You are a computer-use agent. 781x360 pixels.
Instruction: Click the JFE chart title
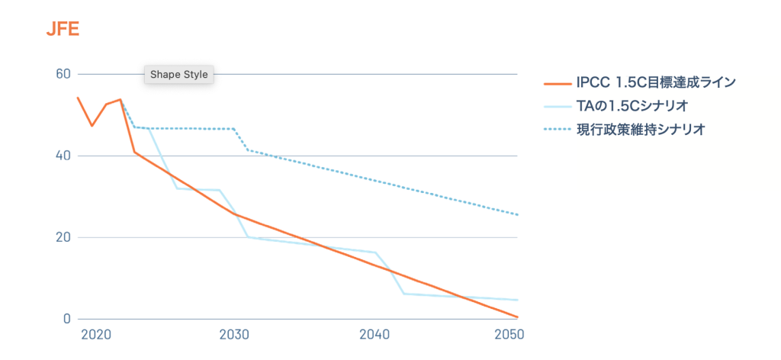[x=63, y=31]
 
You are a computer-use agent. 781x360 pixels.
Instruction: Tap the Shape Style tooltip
[x=178, y=75]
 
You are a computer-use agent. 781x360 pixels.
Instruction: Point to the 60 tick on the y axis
[x=63, y=74]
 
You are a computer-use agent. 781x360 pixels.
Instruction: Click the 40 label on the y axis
[x=63, y=156]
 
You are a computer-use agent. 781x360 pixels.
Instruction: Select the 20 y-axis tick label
[x=63, y=237]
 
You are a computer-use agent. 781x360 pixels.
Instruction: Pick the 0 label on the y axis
[x=66, y=319]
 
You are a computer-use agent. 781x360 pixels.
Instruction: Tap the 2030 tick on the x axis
[x=233, y=335]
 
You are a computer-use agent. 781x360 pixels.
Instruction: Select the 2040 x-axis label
[x=374, y=335]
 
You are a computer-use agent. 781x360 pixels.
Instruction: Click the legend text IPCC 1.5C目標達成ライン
[x=656, y=82]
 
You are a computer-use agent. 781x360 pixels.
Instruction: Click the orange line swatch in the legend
[x=556, y=83]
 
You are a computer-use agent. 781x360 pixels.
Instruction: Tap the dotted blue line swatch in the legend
[x=556, y=130]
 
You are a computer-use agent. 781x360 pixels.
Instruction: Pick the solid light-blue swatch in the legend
[x=556, y=106]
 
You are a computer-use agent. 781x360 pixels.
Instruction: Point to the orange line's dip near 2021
[x=92, y=125]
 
